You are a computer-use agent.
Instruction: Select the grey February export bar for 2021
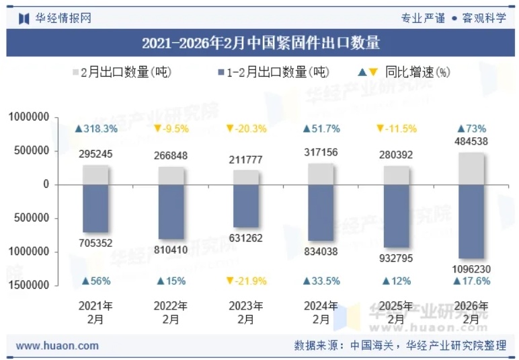point(95,174)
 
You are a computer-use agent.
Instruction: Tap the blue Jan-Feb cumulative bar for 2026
point(471,221)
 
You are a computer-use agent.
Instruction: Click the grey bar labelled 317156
point(321,174)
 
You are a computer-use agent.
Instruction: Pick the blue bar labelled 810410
point(171,211)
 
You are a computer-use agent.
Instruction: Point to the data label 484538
point(471,141)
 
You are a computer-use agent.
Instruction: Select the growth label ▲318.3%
point(96,129)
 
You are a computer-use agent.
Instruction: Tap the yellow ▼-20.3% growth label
point(245,129)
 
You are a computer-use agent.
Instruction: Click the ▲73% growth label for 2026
point(471,129)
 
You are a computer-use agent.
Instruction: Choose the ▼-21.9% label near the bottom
point(245,281)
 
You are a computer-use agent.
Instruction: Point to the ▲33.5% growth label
point(321,281)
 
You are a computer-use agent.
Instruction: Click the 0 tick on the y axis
point(46,184)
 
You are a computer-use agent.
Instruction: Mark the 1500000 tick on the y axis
point(29,285)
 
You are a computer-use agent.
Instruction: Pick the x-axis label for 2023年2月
point(245,312)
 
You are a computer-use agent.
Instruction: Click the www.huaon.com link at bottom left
point(57,346)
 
